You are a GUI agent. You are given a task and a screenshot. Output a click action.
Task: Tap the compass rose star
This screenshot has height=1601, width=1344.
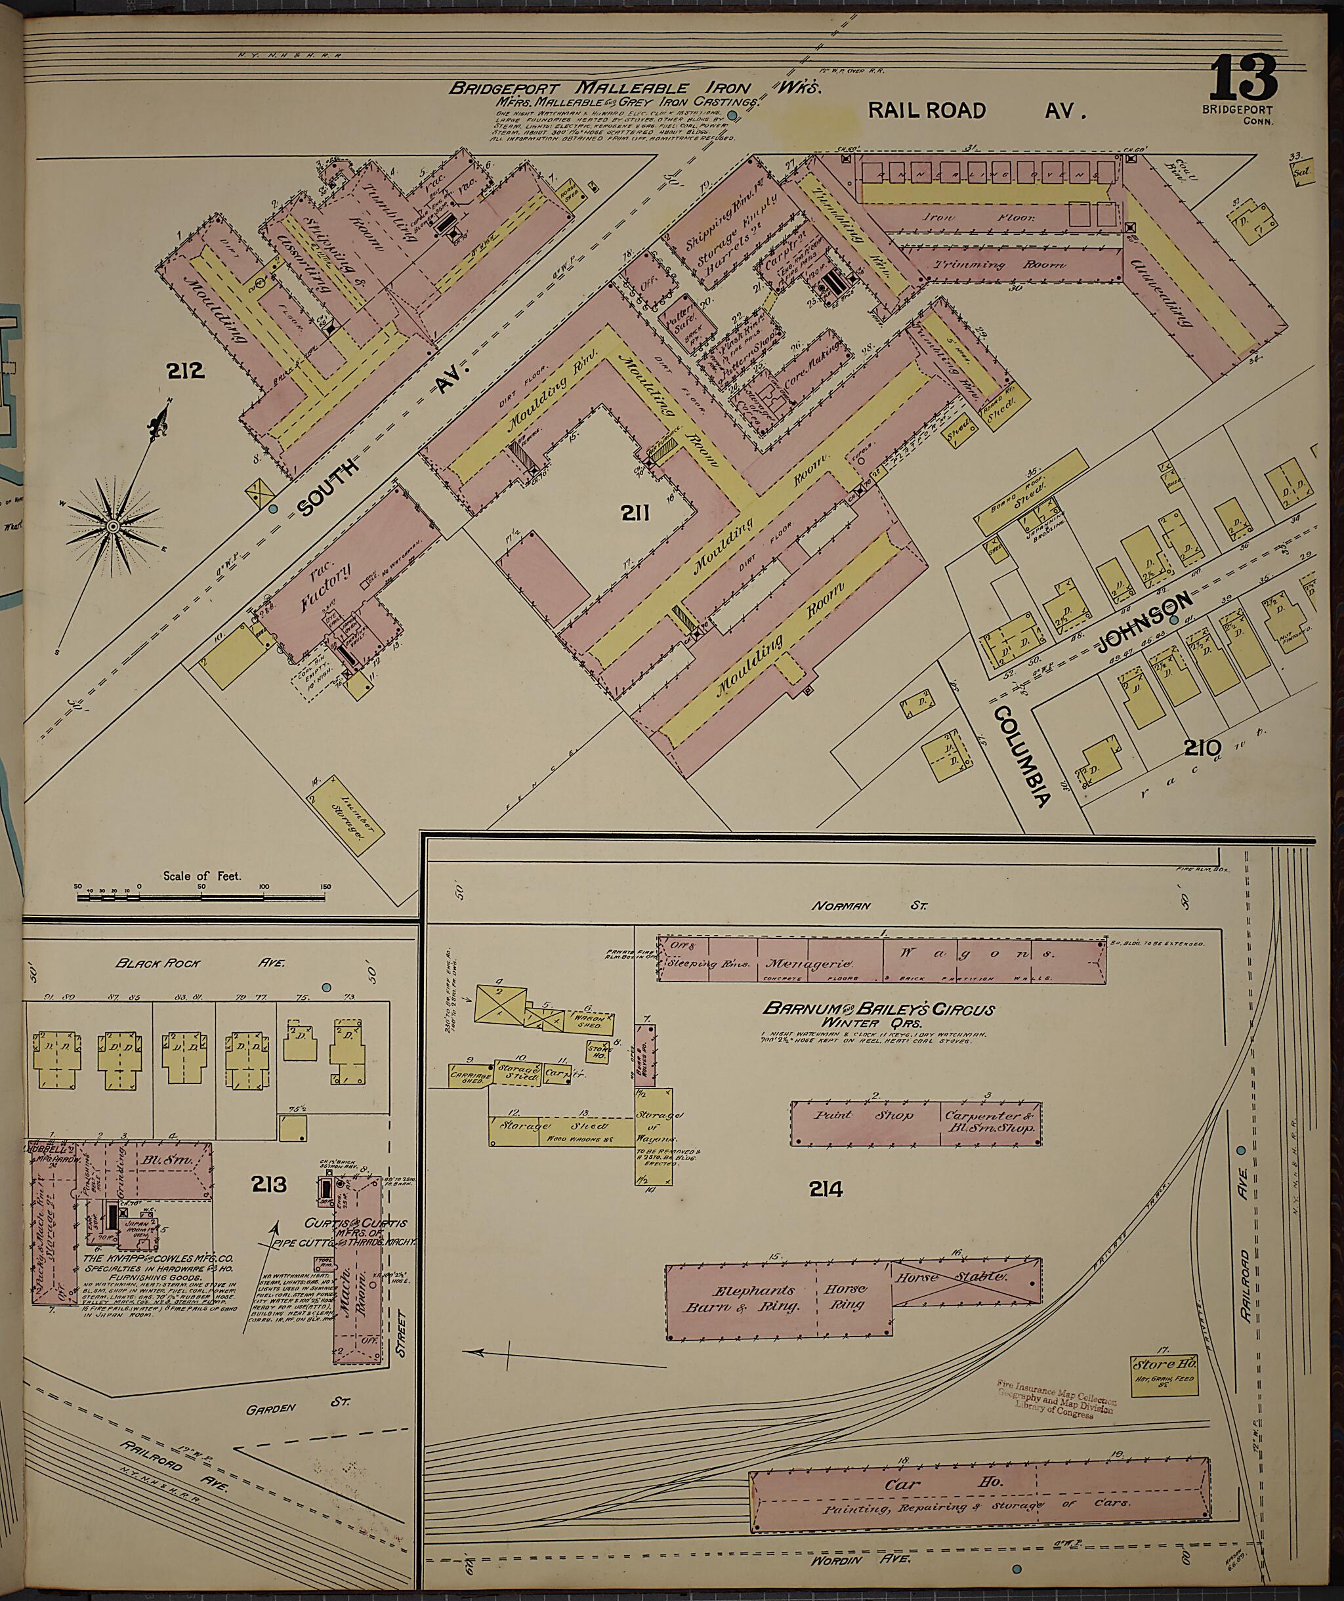coord(113,526)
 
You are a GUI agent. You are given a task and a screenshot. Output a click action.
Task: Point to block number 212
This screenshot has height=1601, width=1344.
coord(187,371)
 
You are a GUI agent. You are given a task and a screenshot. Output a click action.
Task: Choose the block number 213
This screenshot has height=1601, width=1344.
coord(270,1185)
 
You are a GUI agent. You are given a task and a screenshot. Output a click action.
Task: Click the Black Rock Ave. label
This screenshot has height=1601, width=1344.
coord(201,984)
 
